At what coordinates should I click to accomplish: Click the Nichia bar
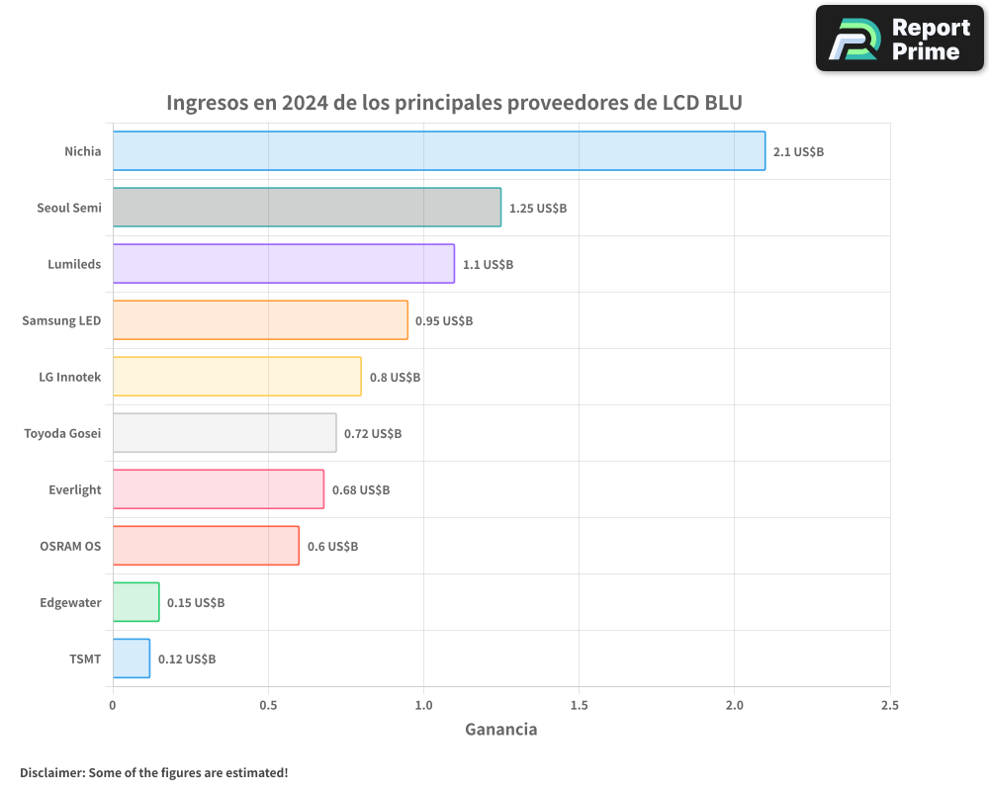438,150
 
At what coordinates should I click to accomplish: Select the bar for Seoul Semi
307,207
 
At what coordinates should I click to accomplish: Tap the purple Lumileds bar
283,263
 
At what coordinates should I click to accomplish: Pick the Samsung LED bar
260,319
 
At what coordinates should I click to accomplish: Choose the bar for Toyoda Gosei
225,432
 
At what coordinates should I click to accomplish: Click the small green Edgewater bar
135,601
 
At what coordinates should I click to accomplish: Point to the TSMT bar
132,658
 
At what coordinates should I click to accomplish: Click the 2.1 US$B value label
798,151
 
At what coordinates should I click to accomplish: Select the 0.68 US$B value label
360,489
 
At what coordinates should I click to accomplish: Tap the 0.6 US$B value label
332,546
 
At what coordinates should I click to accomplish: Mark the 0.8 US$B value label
395,377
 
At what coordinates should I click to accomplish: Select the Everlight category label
74,489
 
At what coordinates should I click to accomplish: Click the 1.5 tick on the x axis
579,705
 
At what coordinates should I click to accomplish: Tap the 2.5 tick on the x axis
889,705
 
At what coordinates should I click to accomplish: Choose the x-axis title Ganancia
500,729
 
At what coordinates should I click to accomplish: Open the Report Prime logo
899,39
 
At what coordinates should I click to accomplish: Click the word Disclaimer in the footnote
51,772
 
